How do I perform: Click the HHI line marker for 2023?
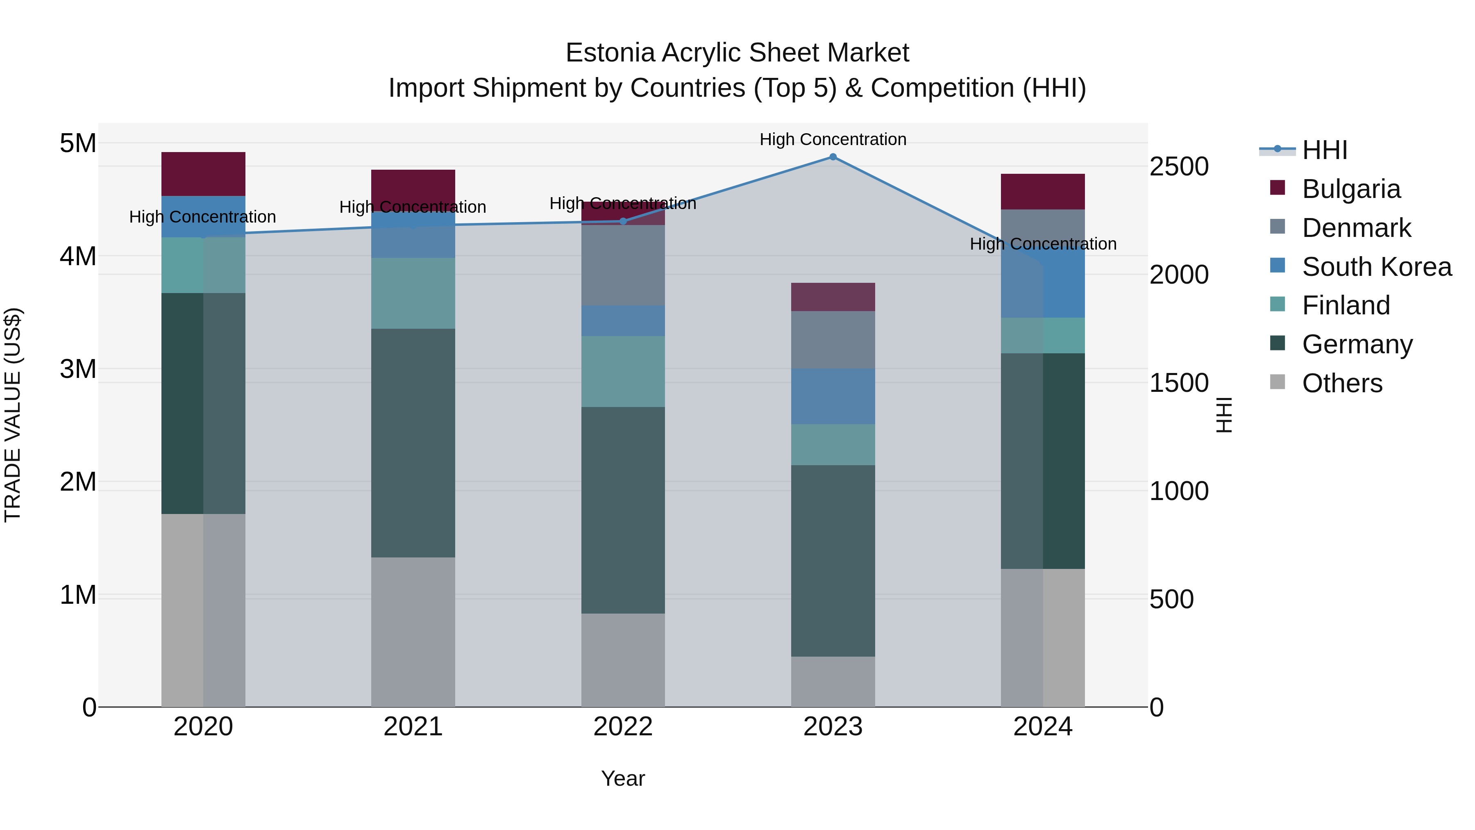[x=833, y=157]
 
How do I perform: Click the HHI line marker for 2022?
[x=623, y=221]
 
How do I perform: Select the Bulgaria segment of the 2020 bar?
[x=203, y=174]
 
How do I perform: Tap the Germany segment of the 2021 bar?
[x=413, y=443]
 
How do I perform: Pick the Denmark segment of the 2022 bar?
[x=623, y=265]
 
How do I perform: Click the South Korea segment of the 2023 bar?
[x=833, y=396]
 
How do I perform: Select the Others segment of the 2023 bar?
[x=833, y=682]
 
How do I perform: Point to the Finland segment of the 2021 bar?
[x=413, y=293]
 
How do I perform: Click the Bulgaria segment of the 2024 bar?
[x=1043, y=191]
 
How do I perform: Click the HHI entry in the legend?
[x=1324, y=150]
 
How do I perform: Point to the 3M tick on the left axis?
[x=78, y=369]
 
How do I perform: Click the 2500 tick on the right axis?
[x=1179, y=167]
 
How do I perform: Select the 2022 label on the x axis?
[x=623, y=726]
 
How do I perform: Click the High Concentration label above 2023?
[x=833, y=139]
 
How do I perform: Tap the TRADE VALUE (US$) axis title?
[x=13, y=415]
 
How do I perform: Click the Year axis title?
[x=623, y=778]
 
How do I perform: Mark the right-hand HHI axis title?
[x=1223, y=415]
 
